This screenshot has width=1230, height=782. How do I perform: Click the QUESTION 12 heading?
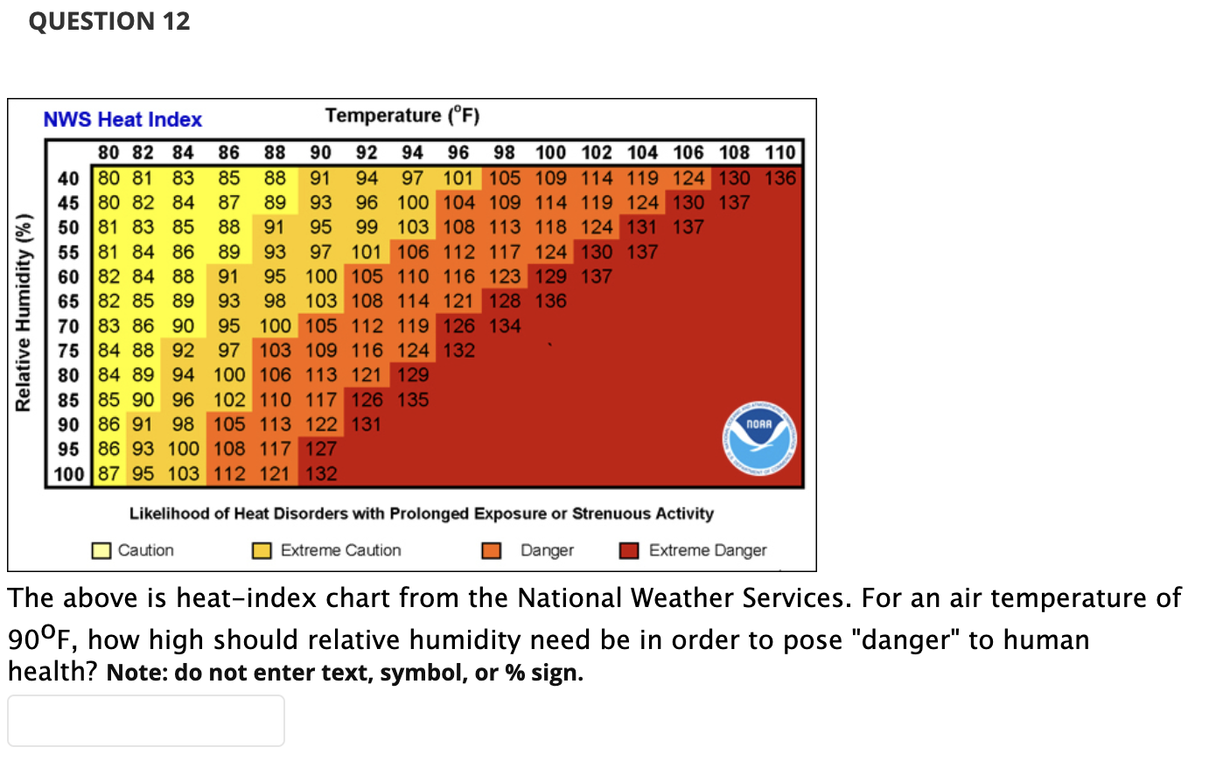109,21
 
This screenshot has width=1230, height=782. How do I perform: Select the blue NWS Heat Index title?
122,120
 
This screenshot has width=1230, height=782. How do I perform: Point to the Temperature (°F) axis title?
402,115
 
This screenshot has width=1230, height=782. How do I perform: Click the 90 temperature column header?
320,153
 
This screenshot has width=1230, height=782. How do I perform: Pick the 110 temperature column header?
779,153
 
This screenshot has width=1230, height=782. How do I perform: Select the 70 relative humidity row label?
68,326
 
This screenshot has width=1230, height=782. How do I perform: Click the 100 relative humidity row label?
68,474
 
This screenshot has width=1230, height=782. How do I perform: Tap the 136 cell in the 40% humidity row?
779,178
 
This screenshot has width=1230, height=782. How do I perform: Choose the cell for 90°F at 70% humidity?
321,326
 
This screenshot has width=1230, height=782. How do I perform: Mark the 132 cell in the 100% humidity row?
321,474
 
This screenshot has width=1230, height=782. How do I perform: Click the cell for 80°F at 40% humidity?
108,178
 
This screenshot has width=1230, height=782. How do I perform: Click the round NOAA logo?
758,438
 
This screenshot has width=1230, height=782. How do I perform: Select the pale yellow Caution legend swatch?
101,550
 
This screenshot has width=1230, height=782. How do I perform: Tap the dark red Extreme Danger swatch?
628,550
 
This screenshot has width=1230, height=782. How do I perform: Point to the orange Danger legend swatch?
492,550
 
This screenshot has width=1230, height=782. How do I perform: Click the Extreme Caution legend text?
340,550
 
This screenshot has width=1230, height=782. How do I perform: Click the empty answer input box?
146,721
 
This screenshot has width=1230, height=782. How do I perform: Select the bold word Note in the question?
136,673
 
